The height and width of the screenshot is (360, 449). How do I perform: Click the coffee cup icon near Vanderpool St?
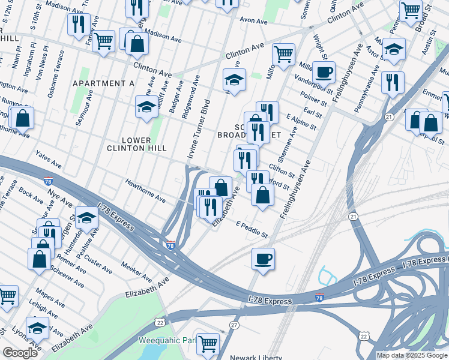(x=324, y=73)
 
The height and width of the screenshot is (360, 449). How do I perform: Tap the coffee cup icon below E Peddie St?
(x=263, y=259)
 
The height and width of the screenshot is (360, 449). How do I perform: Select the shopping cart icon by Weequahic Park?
(x=208, y=344)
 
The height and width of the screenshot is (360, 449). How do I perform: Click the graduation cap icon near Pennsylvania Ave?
(x=394, y=49)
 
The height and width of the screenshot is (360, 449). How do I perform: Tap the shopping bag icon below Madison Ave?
(x=137, y=43)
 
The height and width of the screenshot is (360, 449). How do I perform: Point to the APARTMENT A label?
(x=103, y=83)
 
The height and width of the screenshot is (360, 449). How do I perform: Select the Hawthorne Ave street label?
(x=145, y=190)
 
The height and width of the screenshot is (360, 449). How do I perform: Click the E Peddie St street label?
(x=252, y=228)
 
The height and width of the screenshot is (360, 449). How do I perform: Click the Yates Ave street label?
(x=49, y=159)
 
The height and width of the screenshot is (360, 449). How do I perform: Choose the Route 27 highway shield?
(x=234, y=325)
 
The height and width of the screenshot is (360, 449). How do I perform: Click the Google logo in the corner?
(x=20, y=353)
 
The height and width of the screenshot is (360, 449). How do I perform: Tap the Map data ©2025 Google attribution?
(x=412, y=355)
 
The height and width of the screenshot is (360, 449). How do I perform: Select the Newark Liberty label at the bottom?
(x=256, y=357)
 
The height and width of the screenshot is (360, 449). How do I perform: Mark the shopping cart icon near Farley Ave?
(x=103, y=41)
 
